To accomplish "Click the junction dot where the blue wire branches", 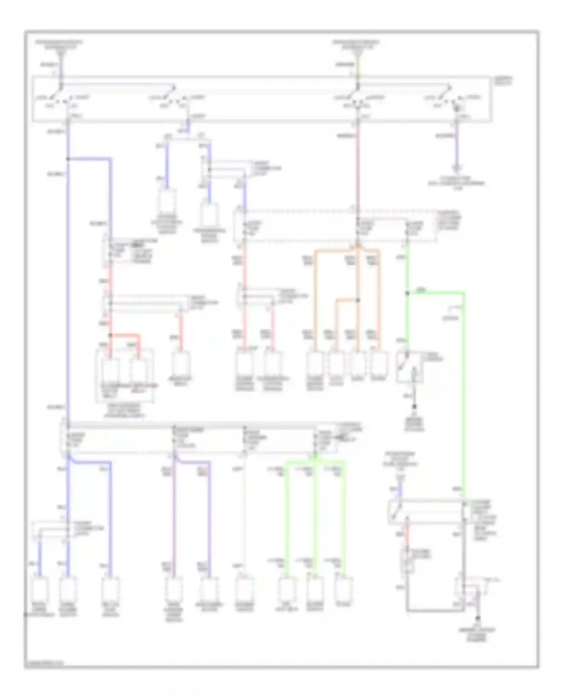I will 68,159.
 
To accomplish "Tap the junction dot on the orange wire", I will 358,300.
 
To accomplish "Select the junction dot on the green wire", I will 407,293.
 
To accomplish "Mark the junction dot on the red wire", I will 111,335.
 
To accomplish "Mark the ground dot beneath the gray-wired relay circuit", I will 478,618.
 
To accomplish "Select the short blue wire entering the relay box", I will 400,492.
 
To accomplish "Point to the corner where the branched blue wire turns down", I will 111,159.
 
